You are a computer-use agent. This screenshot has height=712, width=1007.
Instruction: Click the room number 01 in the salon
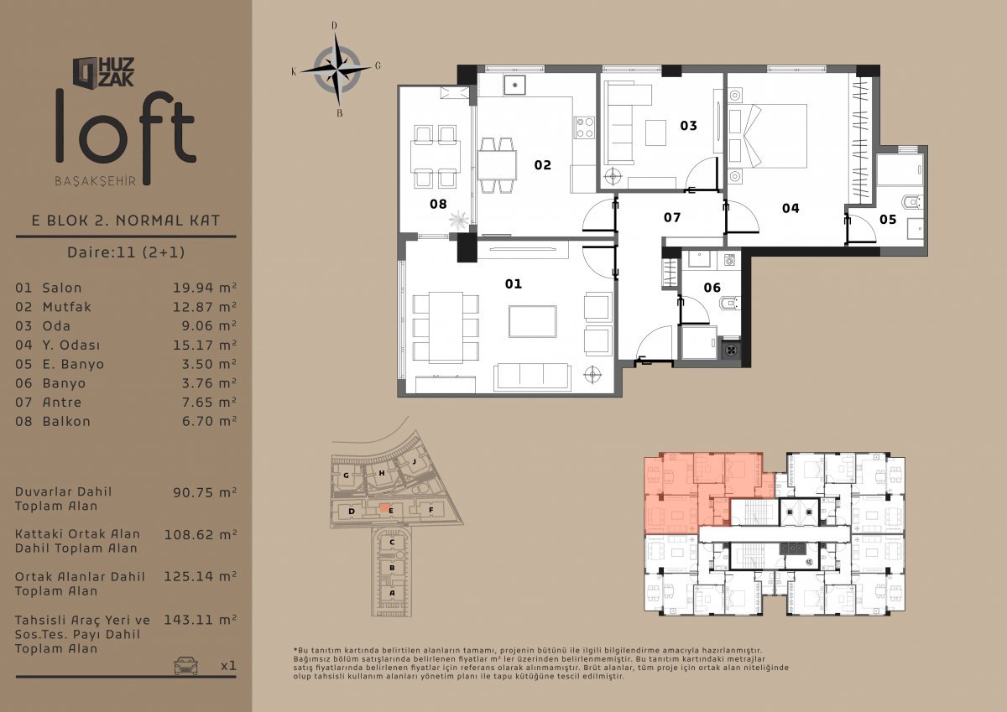pos(513,284)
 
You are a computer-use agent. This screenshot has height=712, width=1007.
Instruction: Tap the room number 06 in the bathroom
pos(712,288)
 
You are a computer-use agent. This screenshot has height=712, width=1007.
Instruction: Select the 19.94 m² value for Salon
pos(205,288)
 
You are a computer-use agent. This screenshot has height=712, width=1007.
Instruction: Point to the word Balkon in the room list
pos(66,421)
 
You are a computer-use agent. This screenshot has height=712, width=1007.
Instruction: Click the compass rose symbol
pos(337,70)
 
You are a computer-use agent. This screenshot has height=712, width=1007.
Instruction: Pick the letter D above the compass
pos(334,26)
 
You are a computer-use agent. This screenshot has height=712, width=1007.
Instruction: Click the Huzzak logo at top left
pos(104,72)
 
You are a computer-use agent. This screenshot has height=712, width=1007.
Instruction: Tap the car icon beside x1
pos(185,665)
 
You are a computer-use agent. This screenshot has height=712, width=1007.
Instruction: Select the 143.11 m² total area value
pos(200,620)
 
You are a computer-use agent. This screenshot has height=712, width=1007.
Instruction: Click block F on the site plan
pos(430,510)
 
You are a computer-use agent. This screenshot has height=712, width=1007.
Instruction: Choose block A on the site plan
pos(392,593)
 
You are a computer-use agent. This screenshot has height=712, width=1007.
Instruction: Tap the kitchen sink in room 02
pos(514,85)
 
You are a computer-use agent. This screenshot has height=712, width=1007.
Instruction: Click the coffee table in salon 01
pos(533,321)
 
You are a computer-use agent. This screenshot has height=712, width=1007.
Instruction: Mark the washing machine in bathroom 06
pos(729,260)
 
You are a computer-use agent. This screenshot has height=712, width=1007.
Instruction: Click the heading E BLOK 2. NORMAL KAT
pos(126,221)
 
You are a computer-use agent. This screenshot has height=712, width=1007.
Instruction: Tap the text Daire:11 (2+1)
pos(126,252)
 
